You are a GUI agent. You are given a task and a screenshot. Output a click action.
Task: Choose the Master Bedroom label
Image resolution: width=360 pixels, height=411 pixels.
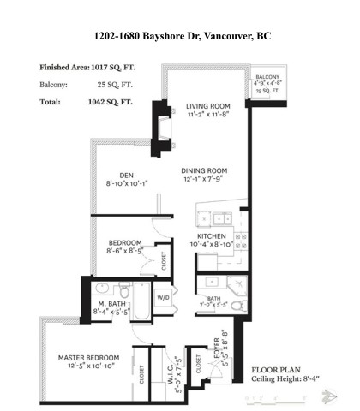(87, 357)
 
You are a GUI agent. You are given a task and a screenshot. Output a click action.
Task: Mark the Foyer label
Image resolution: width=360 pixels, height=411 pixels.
(222, 346)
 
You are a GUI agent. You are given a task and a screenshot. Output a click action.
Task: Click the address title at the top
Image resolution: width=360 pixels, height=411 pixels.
(181, 37)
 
